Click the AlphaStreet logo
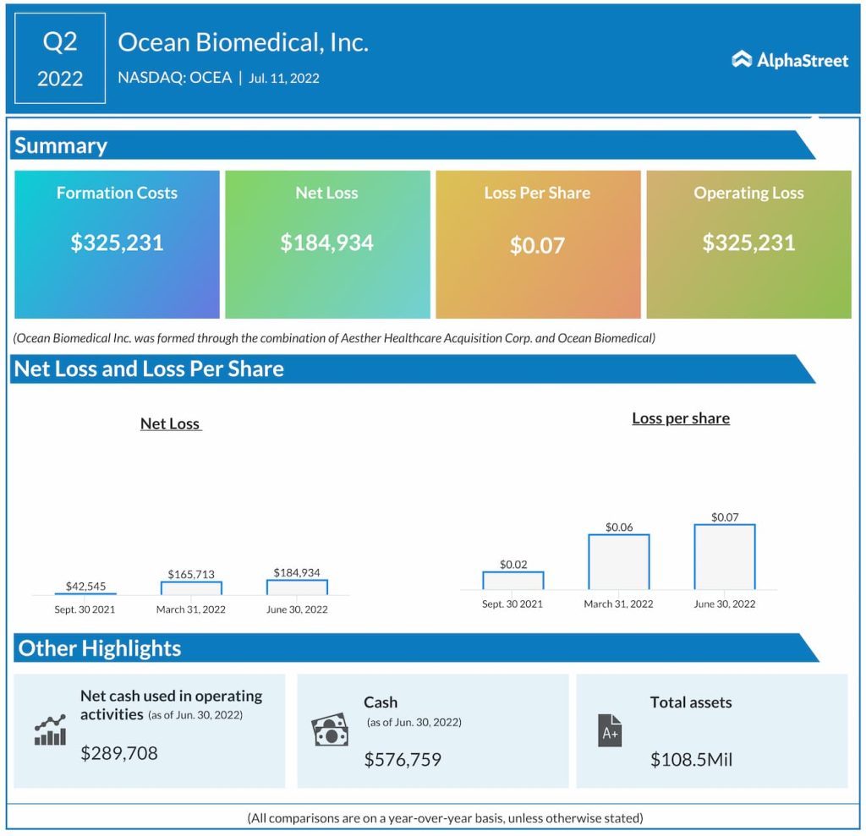coord(789,59)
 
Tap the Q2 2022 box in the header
coord(60,58)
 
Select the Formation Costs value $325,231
coord(117,243)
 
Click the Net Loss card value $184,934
coord(326,243)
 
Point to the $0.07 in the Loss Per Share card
coord(537,246)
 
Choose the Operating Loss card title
coord(748,193)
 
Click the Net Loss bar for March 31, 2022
coord(191,587)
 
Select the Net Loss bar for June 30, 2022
coord(297,587)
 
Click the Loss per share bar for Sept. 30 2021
coord(513,581)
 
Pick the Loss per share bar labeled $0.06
coord(619,562)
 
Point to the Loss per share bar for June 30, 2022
coord(725,557)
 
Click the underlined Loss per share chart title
coord(681,418)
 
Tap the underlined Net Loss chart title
coord(171,423)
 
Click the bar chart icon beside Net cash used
coord(50,730)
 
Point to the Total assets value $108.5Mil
coord(691,759)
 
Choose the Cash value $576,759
coord(403,759)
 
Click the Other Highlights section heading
coord(100,648)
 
